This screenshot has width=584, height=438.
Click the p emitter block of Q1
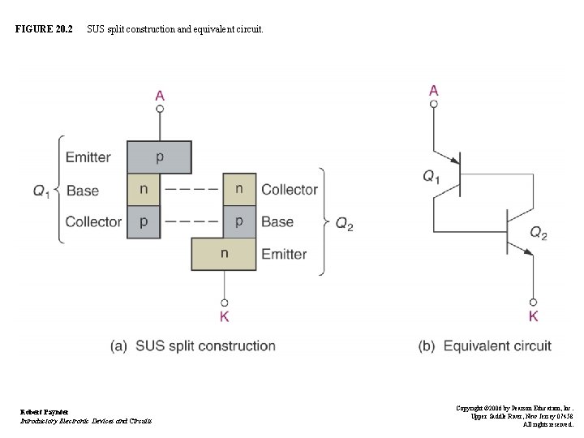159,157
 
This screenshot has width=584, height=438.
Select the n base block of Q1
144,190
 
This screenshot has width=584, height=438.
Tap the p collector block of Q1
144,221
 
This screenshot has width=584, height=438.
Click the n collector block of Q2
239,190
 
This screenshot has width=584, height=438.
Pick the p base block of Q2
239,221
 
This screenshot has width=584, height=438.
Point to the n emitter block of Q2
224,254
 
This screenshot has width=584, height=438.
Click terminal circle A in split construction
160,108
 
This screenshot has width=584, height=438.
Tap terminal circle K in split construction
224,302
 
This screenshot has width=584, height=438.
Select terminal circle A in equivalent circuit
434,104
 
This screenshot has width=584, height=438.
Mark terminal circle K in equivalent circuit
534,302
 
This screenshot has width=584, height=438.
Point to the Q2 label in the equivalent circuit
539,233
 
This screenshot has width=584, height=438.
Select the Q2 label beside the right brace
345,225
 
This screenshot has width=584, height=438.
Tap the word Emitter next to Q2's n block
284,255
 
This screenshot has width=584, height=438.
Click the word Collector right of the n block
290,190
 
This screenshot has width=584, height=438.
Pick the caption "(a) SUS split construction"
193,346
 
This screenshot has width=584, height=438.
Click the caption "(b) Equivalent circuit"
485,346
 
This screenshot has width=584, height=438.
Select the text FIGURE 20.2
44,29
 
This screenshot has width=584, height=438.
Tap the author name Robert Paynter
45,412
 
